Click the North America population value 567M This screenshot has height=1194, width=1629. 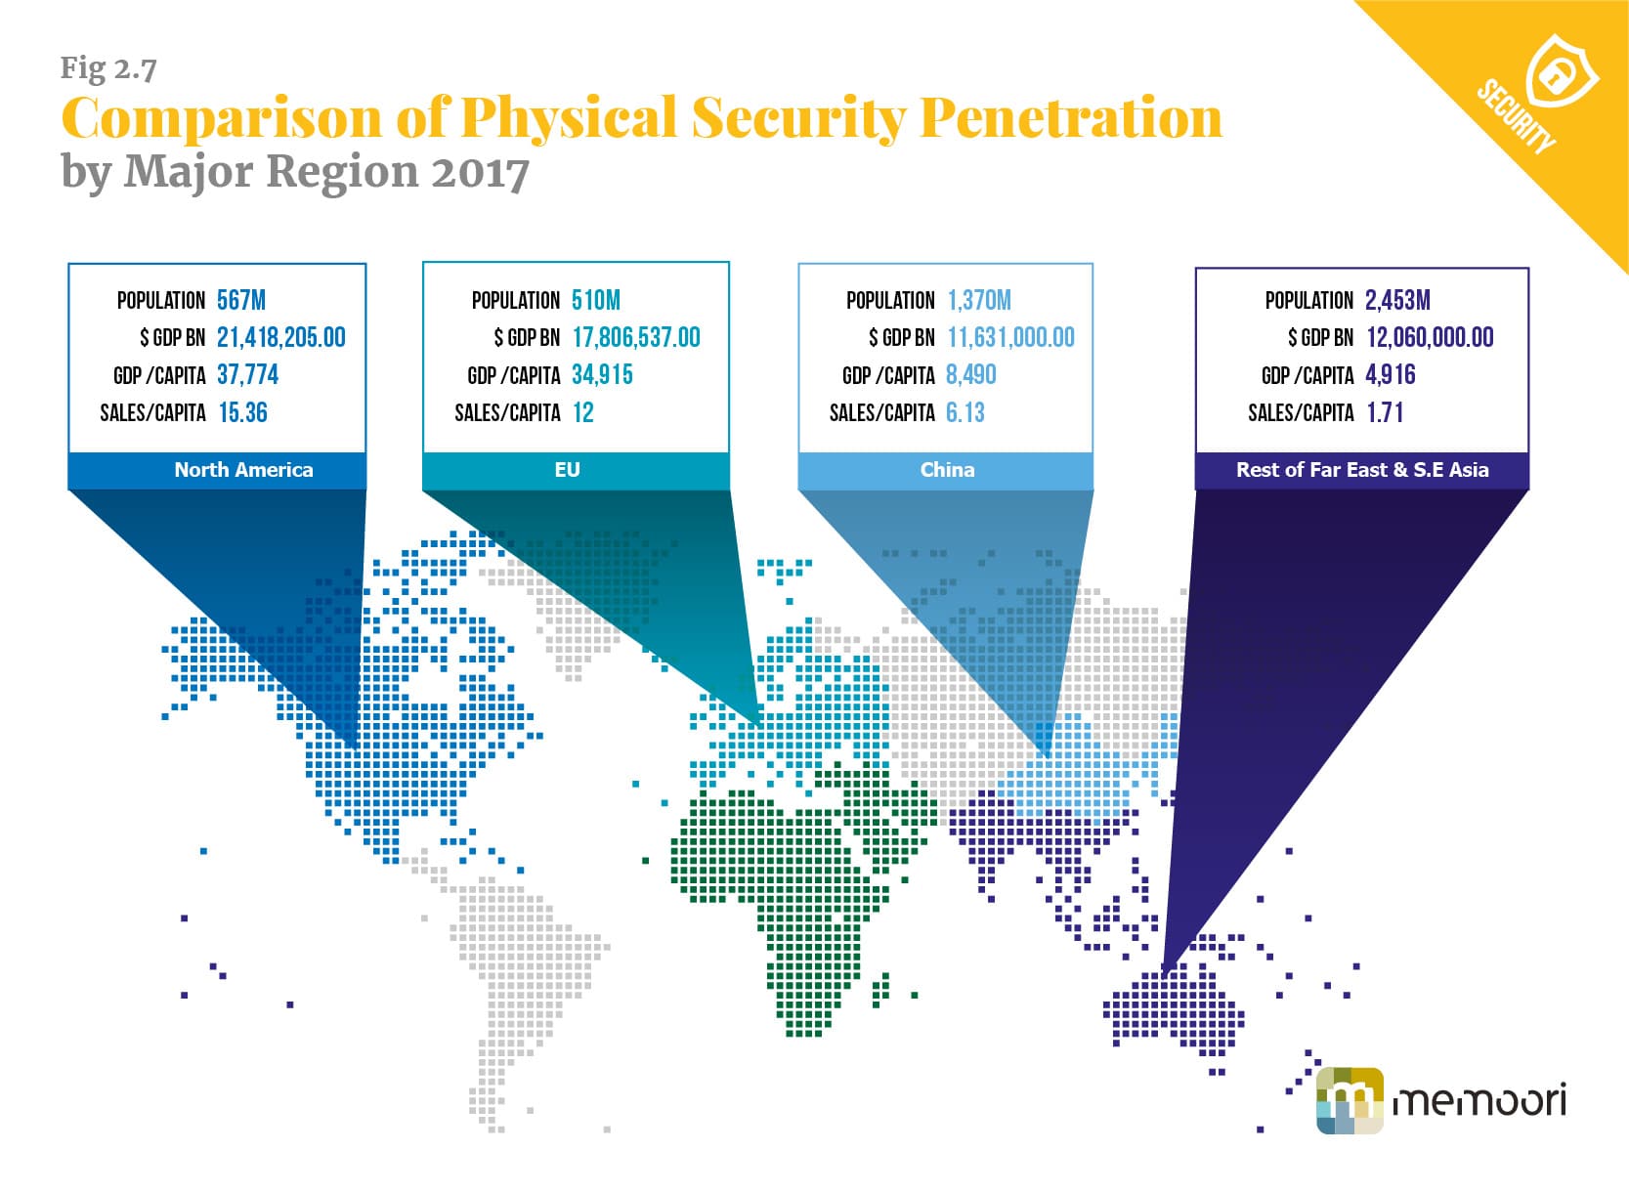point(241,300)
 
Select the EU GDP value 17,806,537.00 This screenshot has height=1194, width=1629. point(636,337)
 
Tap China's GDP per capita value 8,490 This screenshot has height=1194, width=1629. point(971,374)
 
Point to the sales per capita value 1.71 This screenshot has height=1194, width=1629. point(1385,412)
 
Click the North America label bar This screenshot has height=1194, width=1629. point(218,470)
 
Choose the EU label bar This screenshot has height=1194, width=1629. point(576,470)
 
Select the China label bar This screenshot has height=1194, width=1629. point(945,470)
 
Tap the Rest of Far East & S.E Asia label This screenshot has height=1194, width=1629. point(1362,470)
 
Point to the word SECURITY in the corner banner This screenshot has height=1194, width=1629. point(1517,116)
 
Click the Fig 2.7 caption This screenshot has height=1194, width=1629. point(108,68)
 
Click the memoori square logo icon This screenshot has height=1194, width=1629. point(1350,1100)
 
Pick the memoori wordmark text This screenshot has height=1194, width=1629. point(1479,1100)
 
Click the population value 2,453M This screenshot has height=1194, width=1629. point(1397,300)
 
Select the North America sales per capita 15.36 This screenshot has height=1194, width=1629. point(243,412)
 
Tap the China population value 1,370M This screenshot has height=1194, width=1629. point(979,300)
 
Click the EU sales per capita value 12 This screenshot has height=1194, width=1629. point(583,412)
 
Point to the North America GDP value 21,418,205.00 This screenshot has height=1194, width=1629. point(281,337)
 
